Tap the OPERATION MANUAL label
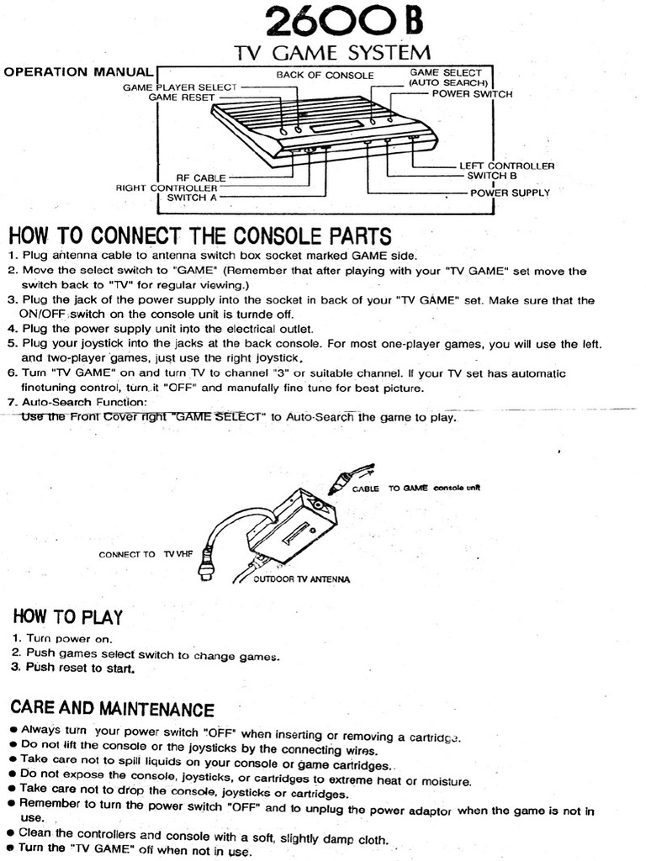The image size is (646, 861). tap(79, 72)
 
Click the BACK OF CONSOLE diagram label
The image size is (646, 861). tap(325, 76)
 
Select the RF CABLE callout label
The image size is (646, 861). tap(200, 178)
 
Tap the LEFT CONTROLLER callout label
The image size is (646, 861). tap(506, 166)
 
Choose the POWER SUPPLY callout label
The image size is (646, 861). tap(510, 193)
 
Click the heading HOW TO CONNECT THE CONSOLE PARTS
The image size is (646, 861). tap(199, 235)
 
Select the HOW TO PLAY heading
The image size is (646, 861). tap(67, 617)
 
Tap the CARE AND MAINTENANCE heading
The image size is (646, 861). tap(112, 709)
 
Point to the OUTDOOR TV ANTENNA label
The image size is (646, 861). tap(302, 579)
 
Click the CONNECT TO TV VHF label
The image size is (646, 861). tap(140, 554)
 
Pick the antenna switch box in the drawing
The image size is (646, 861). tap(290, 526)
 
